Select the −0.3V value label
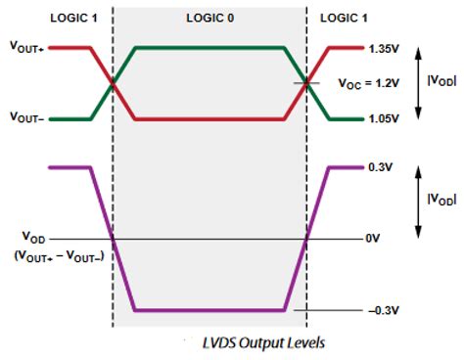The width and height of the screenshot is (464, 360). tap(377, 311)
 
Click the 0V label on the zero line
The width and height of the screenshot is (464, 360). tap(372, 239)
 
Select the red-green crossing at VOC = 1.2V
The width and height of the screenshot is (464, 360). tap(307, 83)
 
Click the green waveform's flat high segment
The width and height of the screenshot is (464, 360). tap(209, 47)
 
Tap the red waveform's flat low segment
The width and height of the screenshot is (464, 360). tap(209, 119)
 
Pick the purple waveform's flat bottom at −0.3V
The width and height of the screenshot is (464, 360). tap(209, 311)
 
